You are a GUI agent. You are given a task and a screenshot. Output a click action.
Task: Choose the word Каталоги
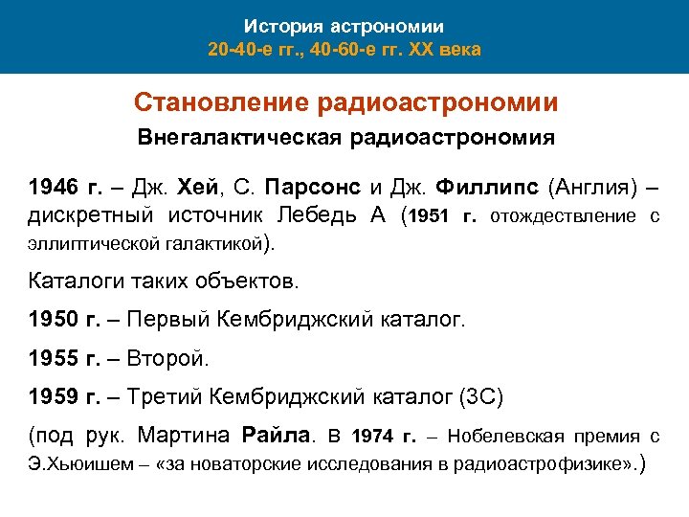coord(74,281)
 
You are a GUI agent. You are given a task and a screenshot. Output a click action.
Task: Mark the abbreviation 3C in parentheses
coord(478,397)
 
